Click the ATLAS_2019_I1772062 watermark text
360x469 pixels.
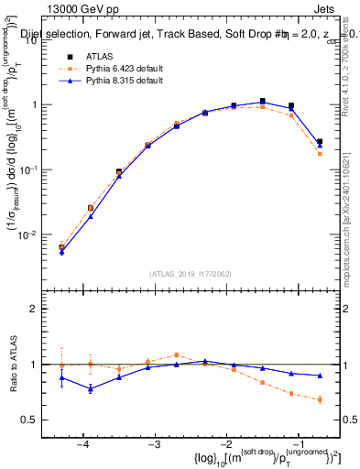tap(190, 273)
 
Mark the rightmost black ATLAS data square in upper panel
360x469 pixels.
tap(320, 142)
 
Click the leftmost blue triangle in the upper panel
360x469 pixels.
tap(61, 252)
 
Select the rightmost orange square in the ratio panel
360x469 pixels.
tap(320, 399)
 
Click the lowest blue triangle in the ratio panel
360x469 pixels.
tap(90, 389)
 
